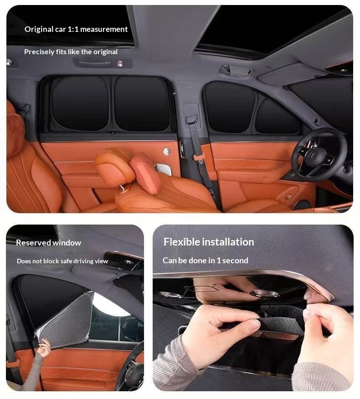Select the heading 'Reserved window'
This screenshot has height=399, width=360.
coord(48,242)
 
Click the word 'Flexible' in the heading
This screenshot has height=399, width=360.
coord(181,242)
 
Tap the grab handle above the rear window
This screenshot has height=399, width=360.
coord(95,63)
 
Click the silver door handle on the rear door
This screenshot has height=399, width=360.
coord(167,151)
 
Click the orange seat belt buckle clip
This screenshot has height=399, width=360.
coord(199,157)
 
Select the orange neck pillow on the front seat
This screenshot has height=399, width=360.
coord(145,173)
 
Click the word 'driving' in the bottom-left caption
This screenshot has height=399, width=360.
coord(83,261)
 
